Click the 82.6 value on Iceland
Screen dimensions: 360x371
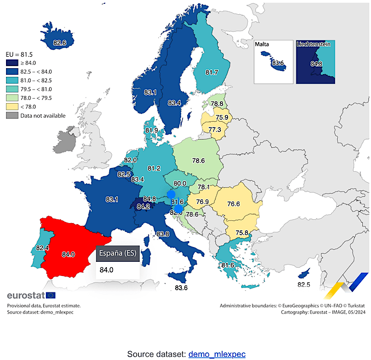click(59, 43)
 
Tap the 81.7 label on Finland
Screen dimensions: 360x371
click(212, 72)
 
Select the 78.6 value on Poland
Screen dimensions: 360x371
click(198, 161)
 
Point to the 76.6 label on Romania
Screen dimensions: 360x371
click(234, 203)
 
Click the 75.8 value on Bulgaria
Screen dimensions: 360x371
click(242, 233)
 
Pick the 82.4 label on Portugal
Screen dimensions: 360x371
click(43, 248)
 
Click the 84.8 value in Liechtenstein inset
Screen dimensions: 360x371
click(316, 63)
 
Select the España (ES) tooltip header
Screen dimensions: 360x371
click(117, 254)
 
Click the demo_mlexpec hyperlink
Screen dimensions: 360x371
click(217, 354)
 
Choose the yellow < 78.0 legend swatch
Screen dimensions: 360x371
click(13, 107)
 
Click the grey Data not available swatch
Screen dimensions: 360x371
click(13, 116)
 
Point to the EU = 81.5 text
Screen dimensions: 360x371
click(19, 55)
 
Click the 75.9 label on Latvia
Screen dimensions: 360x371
click(222, 117)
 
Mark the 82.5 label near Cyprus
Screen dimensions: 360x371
click(304, 284)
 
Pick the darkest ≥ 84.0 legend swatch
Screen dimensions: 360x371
click(13, 64)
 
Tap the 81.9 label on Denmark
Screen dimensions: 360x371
click(152, 130)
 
